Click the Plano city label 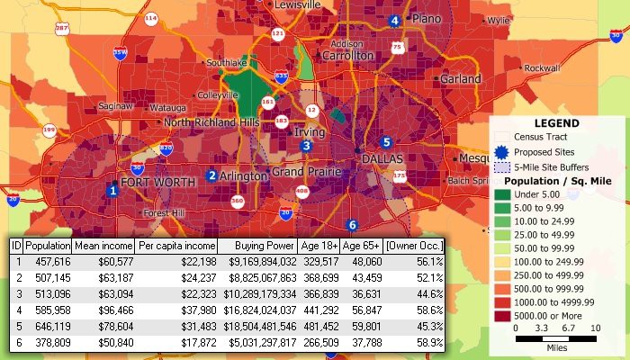[x=427, y=18]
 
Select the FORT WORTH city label [x=157, y=183]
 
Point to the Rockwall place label [x=541, y=68]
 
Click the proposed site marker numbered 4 [x=393, y=21]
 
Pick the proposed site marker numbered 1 [x=112, y=190]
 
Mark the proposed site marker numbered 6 [x=352, y=224]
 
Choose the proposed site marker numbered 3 [x=307, y=146]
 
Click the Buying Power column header [x=265, y=246]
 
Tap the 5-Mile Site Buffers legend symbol [x=502, y=167]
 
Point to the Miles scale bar [x=555, y=338]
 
